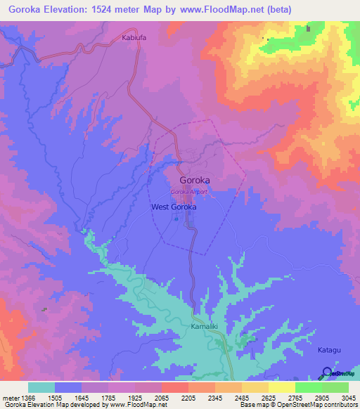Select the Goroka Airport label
tap(189, 192)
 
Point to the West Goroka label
tap(174, 207)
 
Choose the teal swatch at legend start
tap(41, 387)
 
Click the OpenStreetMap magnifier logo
tap(327, 372)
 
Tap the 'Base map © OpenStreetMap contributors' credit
tap(298, 405)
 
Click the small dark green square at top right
tap(308, 29)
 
